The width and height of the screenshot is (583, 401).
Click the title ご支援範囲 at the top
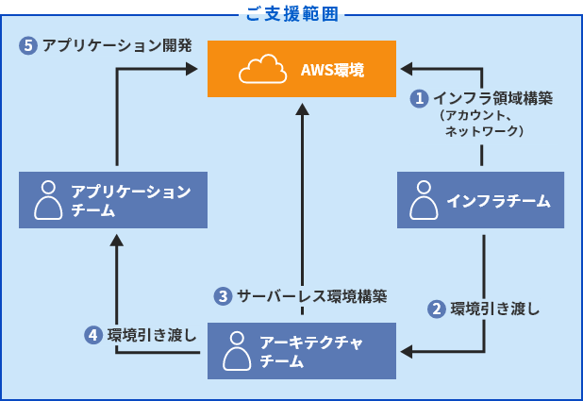point(292,14)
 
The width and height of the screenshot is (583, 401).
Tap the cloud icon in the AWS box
point(263,69)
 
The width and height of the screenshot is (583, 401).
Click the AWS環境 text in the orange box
point(332,70)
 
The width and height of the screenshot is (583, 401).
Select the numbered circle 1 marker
point(420,98)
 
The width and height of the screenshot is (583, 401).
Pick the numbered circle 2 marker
point(437,309)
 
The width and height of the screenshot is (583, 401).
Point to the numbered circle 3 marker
point(223,296)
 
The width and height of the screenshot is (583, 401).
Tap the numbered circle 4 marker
point(93,335)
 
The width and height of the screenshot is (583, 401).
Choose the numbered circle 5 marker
point(28,45)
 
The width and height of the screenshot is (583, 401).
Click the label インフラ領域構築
point(493,98)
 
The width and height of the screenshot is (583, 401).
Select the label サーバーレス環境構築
point(312,296)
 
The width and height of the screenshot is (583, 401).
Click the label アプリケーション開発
point(117,45)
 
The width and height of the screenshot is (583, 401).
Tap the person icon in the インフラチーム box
point(424,200)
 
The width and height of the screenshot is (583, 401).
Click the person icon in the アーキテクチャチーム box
point(237,351)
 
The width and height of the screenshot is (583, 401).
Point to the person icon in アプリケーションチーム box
point(48,200)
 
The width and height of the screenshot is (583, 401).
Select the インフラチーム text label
point(498,201)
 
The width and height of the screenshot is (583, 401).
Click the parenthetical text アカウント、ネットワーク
point(482,123)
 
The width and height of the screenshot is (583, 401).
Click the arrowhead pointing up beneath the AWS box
point(302,109)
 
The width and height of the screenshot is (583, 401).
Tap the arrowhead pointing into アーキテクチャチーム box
point(407,352)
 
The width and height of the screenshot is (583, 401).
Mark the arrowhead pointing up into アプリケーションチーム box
point(117,241)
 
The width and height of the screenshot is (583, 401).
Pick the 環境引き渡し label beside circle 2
point(495,309)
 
